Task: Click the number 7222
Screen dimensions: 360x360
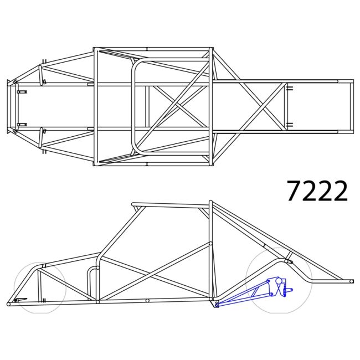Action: (317, 191)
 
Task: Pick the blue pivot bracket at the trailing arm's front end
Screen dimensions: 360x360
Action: (216, 303)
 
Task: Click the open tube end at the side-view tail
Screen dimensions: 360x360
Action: (351, 281)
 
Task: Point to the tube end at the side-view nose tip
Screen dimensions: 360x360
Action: (8, 304)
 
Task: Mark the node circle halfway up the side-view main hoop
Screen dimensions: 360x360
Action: (210, 243)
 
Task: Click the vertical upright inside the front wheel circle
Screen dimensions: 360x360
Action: (39, 285)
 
